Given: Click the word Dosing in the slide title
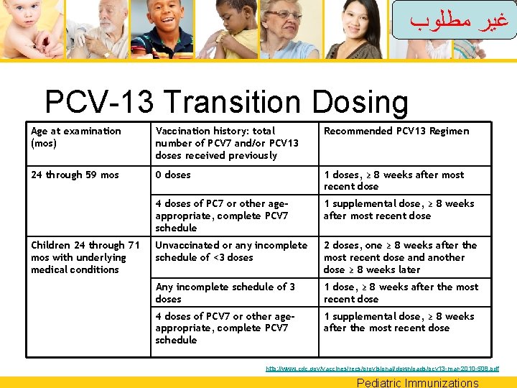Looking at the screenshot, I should pyautogui.click(x=360, y=103).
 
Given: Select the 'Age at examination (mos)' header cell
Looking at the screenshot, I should pyautogui.click(x=76, y=137).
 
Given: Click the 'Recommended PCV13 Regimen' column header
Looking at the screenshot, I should pyautogui.click(x=396, y=131).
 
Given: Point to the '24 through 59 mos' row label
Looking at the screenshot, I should pyautogui.click(x=75, y=175).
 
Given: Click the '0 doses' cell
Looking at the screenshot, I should pyautogui.click(x=173, y=175).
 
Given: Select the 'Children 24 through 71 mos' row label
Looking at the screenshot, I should pyautogui.click(x=85, y=257).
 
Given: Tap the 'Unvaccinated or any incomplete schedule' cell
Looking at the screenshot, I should pyautogui.click(x=230, y=251).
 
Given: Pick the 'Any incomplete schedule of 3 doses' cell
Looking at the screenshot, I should pyautogui.click(x=225, y=292).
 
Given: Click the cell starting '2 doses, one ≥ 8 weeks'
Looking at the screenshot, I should pyautogui.click(x=400, y=257).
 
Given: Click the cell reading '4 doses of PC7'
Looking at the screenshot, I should pyautogui.click(x=222, y=216).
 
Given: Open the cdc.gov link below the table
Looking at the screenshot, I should pyautogui.click(x=381, y=369).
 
